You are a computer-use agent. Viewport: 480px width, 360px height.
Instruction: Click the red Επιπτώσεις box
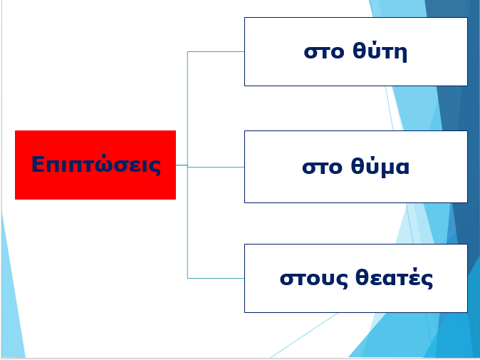coord(95,165)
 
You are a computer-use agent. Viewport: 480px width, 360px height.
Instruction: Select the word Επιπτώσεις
coord(96,165)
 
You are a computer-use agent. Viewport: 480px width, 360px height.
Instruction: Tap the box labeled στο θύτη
coord(355,51)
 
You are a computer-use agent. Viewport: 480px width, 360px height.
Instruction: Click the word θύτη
coord(380,51)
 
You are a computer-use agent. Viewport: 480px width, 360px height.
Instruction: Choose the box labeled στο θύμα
coord(355,167)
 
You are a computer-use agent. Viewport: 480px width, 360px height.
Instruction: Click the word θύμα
coord(380,167)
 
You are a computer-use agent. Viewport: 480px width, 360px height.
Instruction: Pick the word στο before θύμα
coord(322,168)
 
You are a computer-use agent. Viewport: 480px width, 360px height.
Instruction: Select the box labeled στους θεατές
coord(355,278)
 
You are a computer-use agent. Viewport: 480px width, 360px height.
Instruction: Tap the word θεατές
coord(394,278)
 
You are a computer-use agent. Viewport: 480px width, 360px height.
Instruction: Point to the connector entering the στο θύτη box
coord(216,52)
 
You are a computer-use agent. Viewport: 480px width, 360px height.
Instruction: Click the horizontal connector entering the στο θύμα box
coord(216,167)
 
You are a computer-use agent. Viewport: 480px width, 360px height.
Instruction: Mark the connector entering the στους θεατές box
coord(216,278)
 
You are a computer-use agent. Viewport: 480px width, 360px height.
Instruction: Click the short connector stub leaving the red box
coord(182,165)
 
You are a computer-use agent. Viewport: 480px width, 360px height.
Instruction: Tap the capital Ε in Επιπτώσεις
coord(38,165)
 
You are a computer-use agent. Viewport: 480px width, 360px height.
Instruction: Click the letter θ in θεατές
coord(361,277)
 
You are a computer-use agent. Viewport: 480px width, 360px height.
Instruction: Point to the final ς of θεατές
coord(427,280)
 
